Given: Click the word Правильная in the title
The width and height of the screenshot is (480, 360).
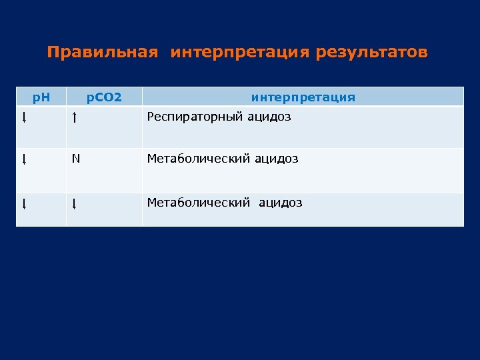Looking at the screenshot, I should (x=103, y=53).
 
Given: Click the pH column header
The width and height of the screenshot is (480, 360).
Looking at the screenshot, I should (x=41, y=97).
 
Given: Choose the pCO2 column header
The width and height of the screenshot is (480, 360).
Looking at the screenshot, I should (x=105, y=97).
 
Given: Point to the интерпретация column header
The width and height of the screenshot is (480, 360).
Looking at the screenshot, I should (x=303, y=97).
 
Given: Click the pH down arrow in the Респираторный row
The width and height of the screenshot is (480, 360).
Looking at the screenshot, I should (x=23, y=119).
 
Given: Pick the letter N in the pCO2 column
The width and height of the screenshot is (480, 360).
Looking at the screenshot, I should (x=76, y=159).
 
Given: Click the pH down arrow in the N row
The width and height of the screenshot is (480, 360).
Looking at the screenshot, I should (x=23, y=160).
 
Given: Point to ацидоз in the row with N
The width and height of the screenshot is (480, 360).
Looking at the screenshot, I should (x=276, y=159).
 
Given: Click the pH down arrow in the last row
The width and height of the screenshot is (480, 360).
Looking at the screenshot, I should (x=23, y=203).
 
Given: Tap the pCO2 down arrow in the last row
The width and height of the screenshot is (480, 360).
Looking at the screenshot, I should (x=74, y=203).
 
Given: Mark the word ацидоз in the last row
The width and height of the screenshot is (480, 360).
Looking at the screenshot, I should (x=280, y=202).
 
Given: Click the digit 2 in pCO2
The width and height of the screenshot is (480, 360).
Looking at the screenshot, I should (x=118, y=97).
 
